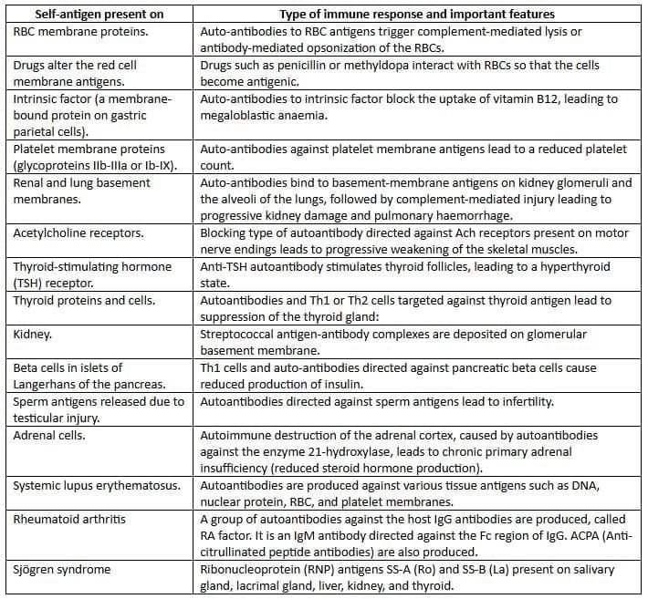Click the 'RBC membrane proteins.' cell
pos(75,31)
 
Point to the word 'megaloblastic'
pos(245,114)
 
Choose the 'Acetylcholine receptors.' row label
pos(77,233)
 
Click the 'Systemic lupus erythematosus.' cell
pos(96,484)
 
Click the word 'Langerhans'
pos(47,384)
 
